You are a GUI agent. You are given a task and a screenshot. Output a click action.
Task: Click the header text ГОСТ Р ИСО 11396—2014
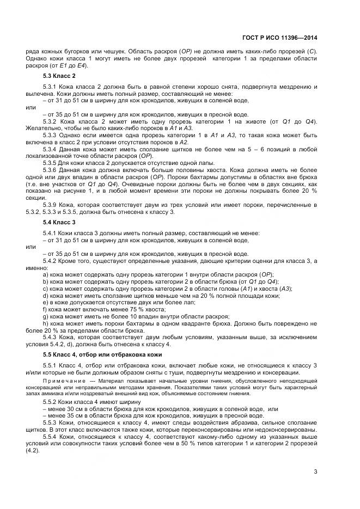point(283,38)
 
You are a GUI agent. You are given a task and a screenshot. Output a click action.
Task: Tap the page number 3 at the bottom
point(316,471)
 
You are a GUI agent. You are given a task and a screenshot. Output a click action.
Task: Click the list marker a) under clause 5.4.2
point(45,274)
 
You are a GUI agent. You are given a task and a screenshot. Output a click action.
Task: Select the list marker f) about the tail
point(45,309)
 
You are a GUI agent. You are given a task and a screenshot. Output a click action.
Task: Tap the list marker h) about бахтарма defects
point(45,323)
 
